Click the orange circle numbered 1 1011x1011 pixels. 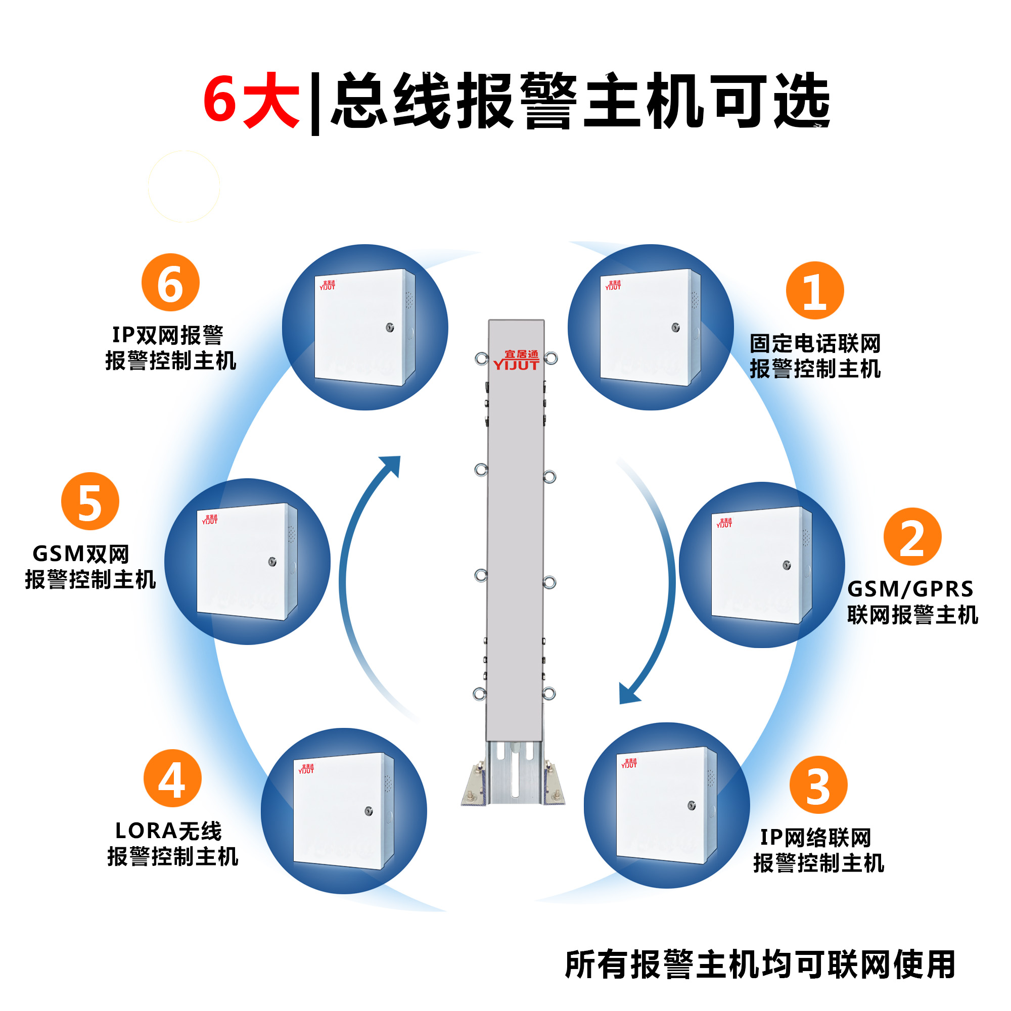pos(815,291)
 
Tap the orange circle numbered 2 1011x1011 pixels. pos(912,536)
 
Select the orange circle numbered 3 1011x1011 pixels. pos(818,785)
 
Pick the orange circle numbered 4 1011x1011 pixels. pos(172,777)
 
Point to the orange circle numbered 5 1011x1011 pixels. pos(90,501)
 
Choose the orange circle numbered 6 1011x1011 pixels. pos(170,283)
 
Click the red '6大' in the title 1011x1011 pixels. pos(252,101)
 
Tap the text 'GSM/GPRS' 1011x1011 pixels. pos(910,589)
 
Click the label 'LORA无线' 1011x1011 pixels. pos(168,831)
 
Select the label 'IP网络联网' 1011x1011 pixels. pos(815,837)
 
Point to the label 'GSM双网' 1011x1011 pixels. pos(80,554)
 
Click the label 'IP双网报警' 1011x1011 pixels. pos(167,335)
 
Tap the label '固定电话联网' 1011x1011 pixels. pos(815,344)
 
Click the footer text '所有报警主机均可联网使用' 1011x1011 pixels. pos(760,964)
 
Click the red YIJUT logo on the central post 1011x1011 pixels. pos(517,360)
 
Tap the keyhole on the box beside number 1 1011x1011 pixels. pos(675,328)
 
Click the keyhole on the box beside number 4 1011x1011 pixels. pos(369,811)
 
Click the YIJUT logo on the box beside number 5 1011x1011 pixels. pos(210,519)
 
